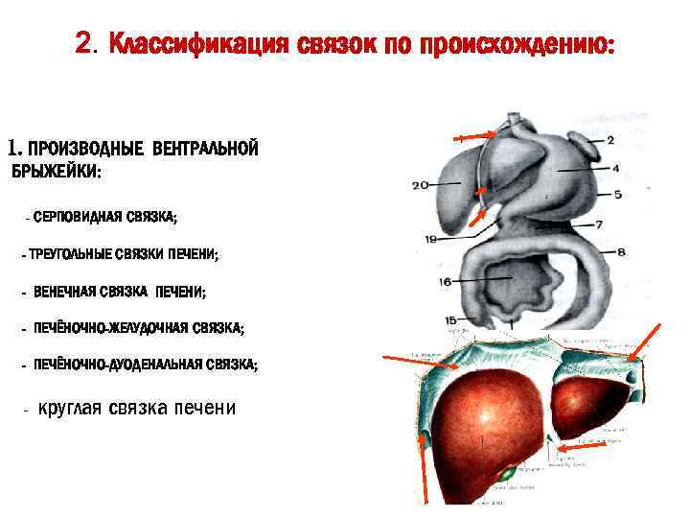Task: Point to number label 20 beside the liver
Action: [420, 186]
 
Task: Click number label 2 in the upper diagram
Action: [611, 140]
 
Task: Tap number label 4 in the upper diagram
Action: [615, 169]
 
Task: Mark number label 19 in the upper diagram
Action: [431, 238]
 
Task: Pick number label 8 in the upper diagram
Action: [621, 253]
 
